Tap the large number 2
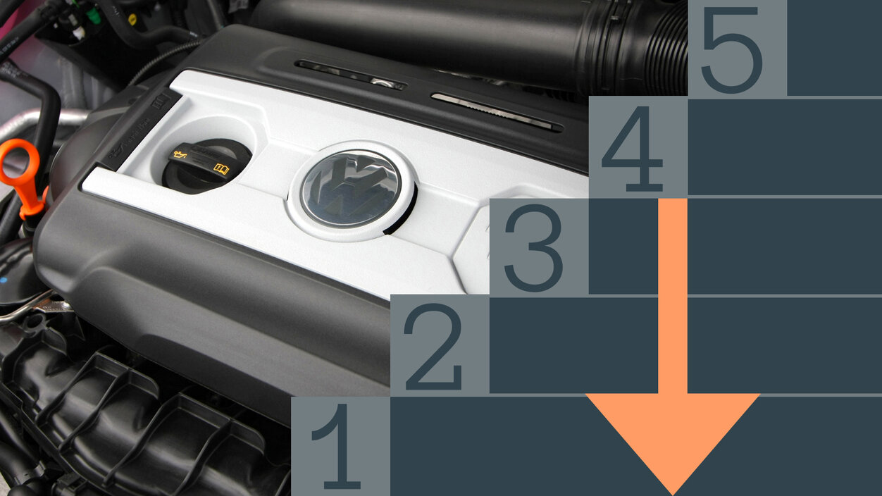coord(433,347)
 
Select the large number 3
coord(534,248)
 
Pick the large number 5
coord(731,50)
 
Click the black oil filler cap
coord(206,166)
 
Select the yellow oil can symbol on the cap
coord(181,154)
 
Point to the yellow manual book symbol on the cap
coord(221,169)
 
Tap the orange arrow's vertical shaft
coord(673,296)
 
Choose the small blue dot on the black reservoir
coord(4,280)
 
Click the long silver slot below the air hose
coord(497,113)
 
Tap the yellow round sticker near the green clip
coord(132,18)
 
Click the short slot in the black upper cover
coord(349,75)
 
